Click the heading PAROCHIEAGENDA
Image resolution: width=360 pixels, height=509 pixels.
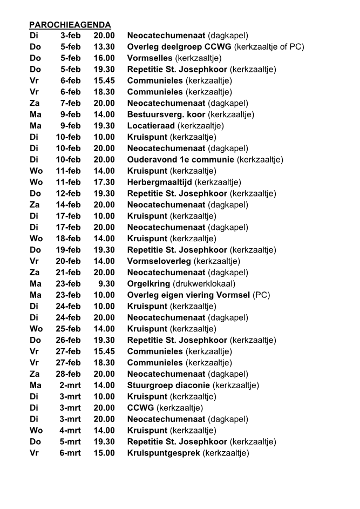(x=70, y=25)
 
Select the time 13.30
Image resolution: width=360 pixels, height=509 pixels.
(x=104, y=47)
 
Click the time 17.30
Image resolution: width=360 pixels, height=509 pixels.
(x=104, y=182)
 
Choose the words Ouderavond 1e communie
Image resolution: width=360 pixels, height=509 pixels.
(x=181, y=160)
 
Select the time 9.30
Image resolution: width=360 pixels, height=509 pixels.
(x=106, y=284)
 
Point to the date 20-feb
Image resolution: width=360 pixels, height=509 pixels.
(x=69, y=261)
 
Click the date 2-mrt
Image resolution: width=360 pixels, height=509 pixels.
(x=70, y=385)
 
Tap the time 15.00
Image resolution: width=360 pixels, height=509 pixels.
(x=104, y=453)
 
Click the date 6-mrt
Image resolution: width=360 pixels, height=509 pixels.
(x=70, y=453)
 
